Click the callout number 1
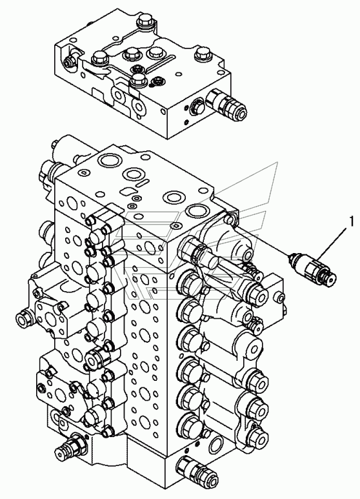[x=351, y=222]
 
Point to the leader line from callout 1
[x=334, y=243]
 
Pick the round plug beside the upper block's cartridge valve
[x=195, y=106]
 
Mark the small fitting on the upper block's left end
[x=68, y=61]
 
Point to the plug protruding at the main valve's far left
[x=24, y=318]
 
